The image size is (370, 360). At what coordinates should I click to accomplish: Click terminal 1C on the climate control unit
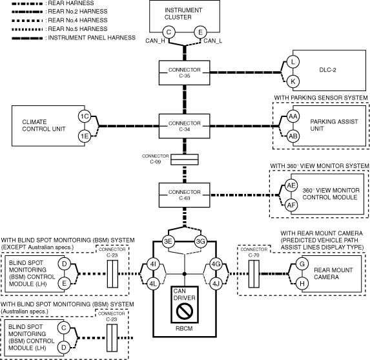[85, 116]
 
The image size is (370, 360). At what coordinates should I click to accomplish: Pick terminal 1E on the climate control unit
[85, 136]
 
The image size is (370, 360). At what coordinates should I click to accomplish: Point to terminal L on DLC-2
[293, 61]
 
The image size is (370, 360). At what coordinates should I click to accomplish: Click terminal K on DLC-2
[293, 81]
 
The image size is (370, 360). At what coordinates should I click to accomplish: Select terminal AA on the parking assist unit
[293, 116]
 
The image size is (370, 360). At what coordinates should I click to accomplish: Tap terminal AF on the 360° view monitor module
[291, 205]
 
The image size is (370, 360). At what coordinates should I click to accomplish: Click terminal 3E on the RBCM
[169, 242]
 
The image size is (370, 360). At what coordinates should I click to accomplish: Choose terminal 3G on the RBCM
[201, 242]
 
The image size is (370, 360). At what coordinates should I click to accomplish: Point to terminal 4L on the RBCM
[153, 284]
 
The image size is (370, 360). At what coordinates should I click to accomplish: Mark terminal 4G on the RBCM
[216, 264]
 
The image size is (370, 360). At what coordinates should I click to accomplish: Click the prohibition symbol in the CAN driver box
[184, 311]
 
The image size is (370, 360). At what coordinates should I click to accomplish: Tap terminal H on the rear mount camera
[302, 284]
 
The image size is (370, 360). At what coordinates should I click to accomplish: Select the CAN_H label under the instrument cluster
[155, 41]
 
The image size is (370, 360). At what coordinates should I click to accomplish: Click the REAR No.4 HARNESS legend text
[77, 20]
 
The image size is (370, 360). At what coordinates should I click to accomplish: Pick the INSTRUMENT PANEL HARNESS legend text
[92, 37]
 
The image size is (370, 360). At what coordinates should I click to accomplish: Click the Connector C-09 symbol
[185, 160]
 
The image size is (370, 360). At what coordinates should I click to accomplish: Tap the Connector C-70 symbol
[254, 274]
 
